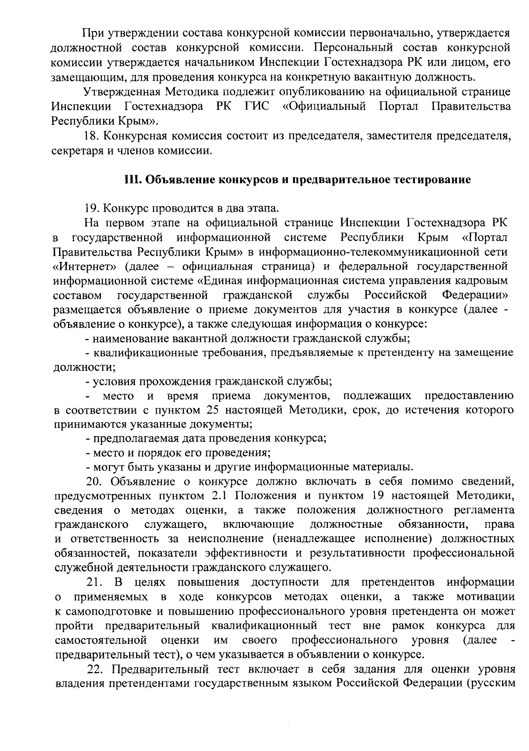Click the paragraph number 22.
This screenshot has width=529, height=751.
(x=96, y=669)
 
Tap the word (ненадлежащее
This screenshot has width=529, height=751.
(x=313, y=539)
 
